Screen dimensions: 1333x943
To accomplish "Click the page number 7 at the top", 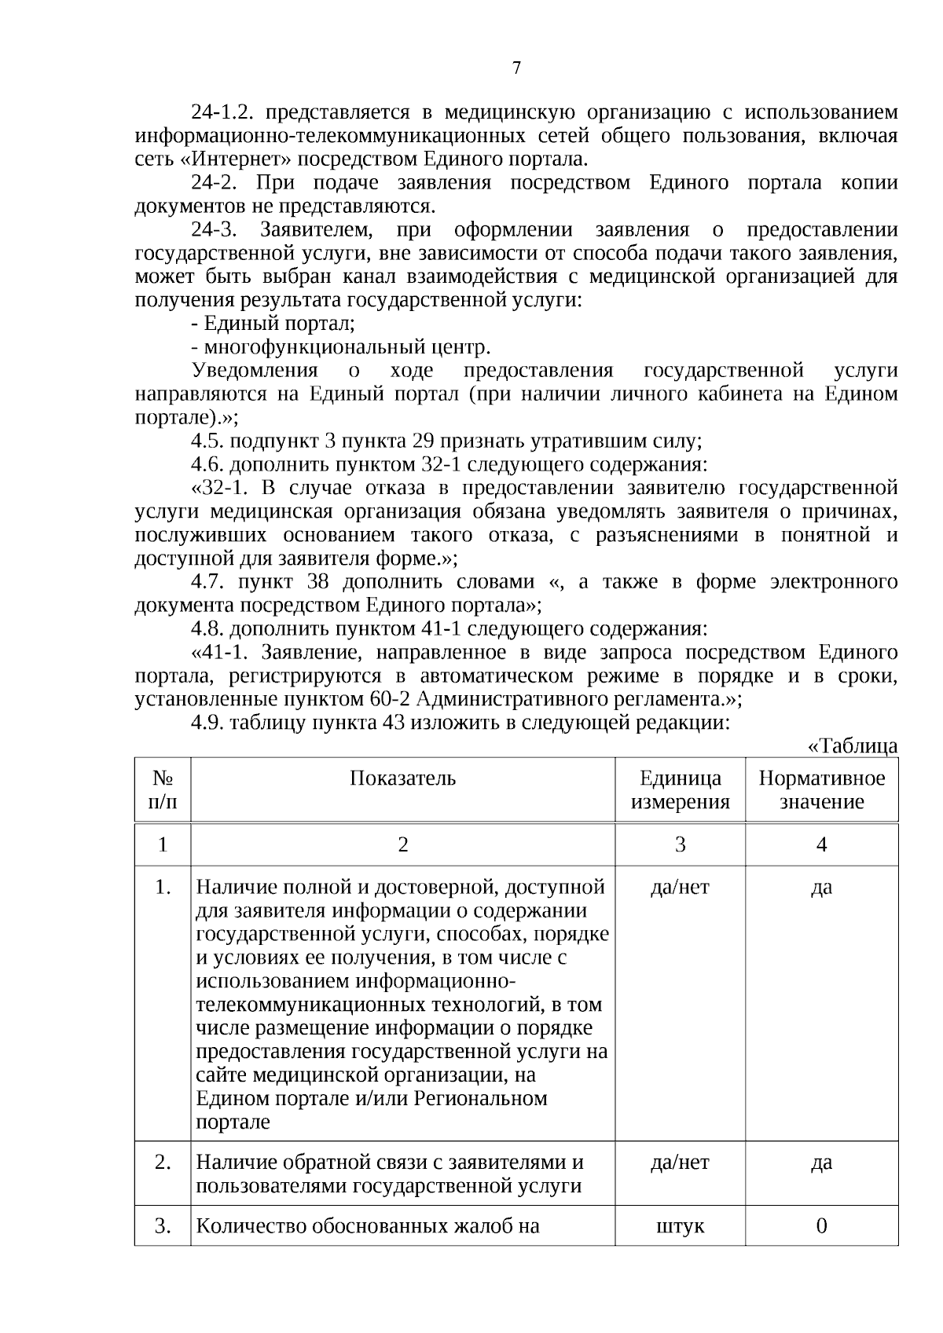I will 516,68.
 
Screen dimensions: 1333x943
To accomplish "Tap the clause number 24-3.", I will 213,230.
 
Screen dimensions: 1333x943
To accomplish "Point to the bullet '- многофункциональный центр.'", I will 340,347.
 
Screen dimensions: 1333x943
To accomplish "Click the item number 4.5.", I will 207,441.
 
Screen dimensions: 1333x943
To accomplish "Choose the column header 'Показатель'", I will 402,778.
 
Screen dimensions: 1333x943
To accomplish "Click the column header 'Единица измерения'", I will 680,789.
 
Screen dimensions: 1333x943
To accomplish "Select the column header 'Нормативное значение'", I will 821,789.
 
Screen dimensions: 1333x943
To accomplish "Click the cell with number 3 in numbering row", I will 680,844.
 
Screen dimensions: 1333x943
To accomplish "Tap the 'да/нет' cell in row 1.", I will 680,888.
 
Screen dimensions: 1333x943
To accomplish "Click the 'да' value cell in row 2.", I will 821,1163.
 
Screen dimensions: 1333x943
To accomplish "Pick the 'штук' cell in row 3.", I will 680,1226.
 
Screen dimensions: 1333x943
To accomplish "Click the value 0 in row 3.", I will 821,1226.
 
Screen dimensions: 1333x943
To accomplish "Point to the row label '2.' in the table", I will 163,1163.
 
